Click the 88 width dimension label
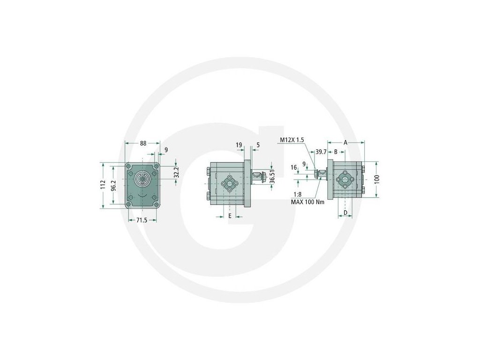(143, 142)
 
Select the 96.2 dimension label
(113, 186)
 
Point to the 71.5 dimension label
(142, 220)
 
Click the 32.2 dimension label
(176, 172)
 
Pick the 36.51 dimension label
(272, 176)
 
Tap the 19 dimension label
(239, 145)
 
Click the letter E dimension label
(230, 216)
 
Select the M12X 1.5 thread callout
(292, 140)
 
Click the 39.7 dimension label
(321, 151)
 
